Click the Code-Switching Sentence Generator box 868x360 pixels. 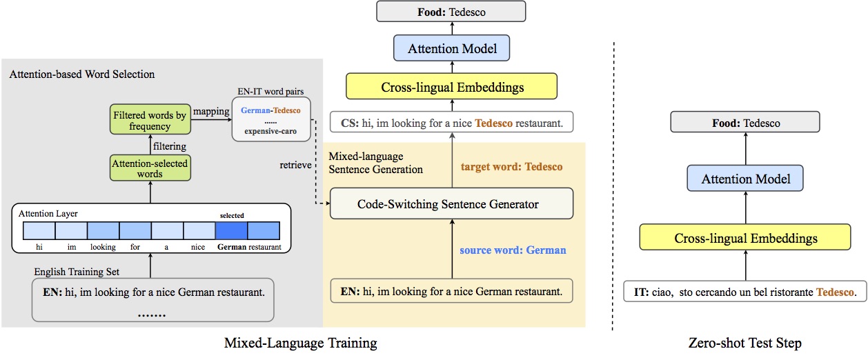click(x=448, y=204)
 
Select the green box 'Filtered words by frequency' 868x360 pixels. click(x=150, y=121)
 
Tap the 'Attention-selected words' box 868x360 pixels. click(x=150, y=169)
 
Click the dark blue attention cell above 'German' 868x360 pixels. click(x=231, y=230)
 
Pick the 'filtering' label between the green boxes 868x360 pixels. click(x=168, y=146)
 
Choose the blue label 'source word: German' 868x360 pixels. click(x=513, y=250)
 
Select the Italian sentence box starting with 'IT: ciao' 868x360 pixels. click(x=744, y=292)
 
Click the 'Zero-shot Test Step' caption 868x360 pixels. click(x=744, y=343)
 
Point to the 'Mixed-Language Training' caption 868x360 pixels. click(x=301, y=343)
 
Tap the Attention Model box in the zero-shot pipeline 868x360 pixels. click(x=745, y=179)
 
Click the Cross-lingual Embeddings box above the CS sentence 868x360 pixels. click(x=453, y=88)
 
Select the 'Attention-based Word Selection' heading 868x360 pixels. click(x=82, y=74)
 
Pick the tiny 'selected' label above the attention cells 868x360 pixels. click(x=232, y=215)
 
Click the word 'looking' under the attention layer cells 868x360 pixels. click(x=103, y=247)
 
